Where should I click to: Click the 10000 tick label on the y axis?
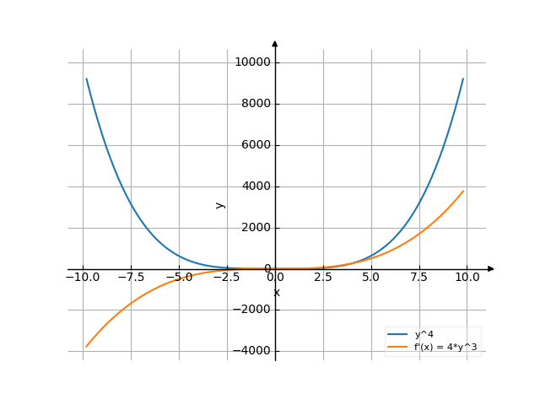[252, 62]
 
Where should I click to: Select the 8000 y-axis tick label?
[255, 104]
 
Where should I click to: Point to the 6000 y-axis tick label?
[255, 145]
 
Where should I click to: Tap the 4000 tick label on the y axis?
[255, 186]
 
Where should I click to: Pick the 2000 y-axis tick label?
[255, 228]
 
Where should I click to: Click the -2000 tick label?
[252, 310]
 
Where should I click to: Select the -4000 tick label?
[252, 351]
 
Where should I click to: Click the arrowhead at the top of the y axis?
[275, 43]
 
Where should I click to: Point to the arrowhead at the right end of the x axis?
[491, 269]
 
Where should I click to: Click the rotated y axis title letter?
[220, 205]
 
